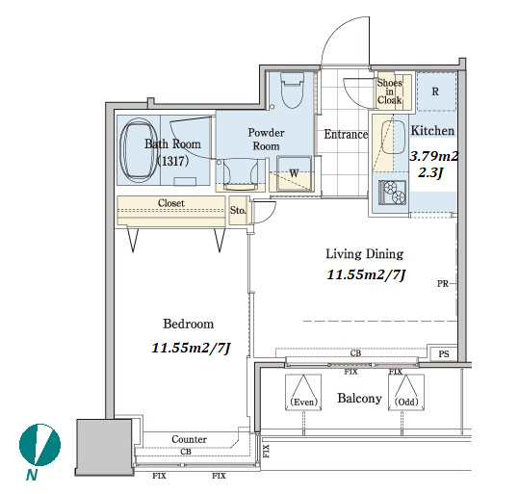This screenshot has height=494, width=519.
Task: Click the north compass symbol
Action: (39, 445)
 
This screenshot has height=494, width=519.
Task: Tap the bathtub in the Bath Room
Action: (139, 151)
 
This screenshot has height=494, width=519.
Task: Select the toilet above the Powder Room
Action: (293, 91)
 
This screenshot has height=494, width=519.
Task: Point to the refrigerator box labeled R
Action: (436, 91)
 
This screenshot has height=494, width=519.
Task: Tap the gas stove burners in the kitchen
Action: (393, 192)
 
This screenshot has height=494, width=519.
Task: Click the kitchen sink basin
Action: (393, 138)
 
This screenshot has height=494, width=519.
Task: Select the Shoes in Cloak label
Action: (390, 91)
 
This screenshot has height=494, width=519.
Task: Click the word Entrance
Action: (346, 134)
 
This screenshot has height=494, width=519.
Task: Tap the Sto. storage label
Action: (238, 210)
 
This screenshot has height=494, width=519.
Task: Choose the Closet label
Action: (171, 202)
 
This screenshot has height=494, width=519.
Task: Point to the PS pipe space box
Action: (444, 354)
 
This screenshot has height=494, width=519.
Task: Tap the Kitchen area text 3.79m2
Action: (434, 156)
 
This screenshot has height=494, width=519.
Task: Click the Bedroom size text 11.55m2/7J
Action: (191, 348)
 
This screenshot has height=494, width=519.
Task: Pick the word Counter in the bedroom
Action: (189, 439)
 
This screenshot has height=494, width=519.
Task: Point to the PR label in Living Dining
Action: (443, 283)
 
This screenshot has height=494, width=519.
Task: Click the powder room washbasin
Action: (241, 175)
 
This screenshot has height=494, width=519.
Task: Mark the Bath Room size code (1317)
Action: (172, 161)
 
